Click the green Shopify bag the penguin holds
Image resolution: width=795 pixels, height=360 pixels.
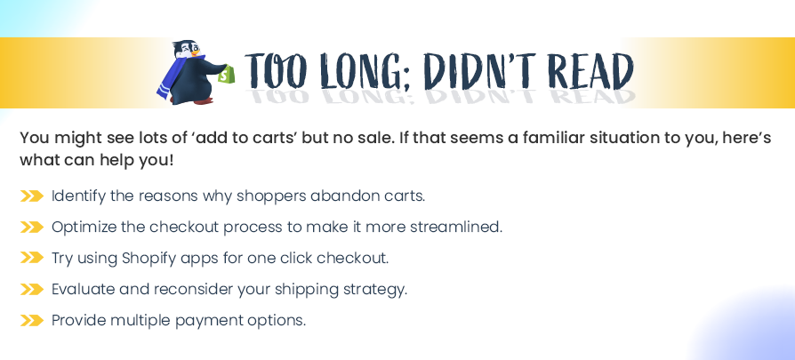226,74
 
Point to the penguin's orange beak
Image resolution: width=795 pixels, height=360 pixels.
195,52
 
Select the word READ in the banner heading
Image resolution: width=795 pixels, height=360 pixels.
591,70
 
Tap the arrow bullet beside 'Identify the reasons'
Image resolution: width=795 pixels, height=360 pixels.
31,196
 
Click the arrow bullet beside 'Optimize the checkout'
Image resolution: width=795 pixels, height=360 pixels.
31,228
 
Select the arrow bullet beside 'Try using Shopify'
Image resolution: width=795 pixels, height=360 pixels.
31,258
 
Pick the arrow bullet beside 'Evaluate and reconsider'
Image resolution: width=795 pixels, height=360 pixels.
31,290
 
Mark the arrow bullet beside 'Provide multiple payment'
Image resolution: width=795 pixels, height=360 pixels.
31,321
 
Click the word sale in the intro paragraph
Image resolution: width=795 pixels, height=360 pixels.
375,138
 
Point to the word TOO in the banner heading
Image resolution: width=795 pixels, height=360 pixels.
279,70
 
